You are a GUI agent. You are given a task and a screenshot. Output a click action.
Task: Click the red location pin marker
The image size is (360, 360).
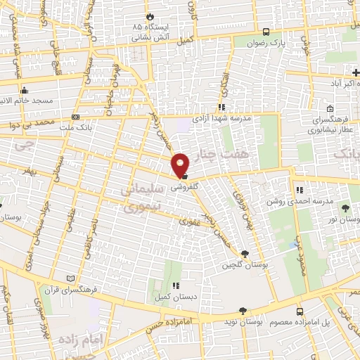click(181, 165)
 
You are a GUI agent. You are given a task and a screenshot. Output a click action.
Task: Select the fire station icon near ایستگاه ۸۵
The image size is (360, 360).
click(149, 17)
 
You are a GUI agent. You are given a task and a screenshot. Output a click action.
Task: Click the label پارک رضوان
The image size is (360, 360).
click(264, 42)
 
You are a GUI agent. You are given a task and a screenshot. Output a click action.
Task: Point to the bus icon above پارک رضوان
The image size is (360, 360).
click(265, 32)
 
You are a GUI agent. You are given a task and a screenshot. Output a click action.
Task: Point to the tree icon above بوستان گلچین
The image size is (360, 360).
click(245, 254)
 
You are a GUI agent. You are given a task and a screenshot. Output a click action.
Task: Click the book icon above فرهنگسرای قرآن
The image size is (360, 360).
click(69, 278)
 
